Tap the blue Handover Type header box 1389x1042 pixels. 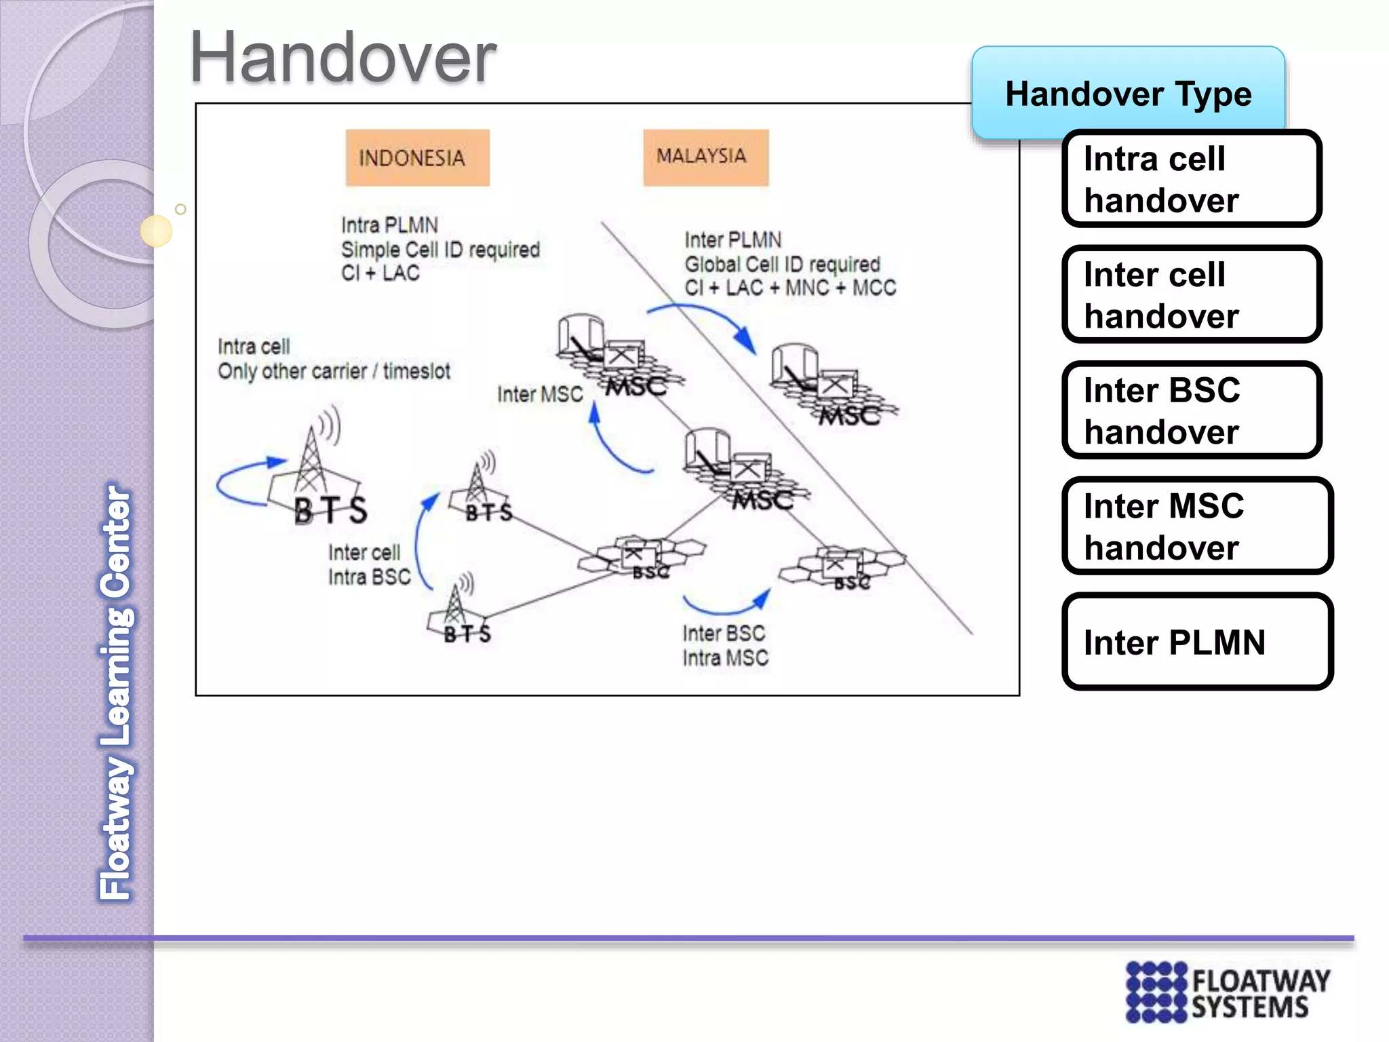click(1128, 93)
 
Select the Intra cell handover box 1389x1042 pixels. click(1191, 178)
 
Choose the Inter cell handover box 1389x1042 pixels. click(1191, 294)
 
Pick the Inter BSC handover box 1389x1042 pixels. click(1191, 410)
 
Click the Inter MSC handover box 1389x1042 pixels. click(1196, 526)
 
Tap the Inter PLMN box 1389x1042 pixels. click(1196, 642)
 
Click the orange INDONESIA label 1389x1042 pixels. click(417, 157)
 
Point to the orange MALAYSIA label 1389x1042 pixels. click(705, 157)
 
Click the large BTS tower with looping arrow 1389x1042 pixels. click(315, 475)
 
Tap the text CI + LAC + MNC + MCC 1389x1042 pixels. click(789, 288)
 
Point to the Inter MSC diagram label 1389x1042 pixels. click(540, 394)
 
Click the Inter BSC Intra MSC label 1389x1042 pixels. click(725, 645)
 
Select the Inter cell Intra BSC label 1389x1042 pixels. click(369, 564)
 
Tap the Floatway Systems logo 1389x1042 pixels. click(1228, 992)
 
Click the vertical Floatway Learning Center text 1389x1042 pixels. click(116, 692)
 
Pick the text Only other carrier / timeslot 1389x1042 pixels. click(334, 371)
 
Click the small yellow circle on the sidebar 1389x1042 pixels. click(156, 231)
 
